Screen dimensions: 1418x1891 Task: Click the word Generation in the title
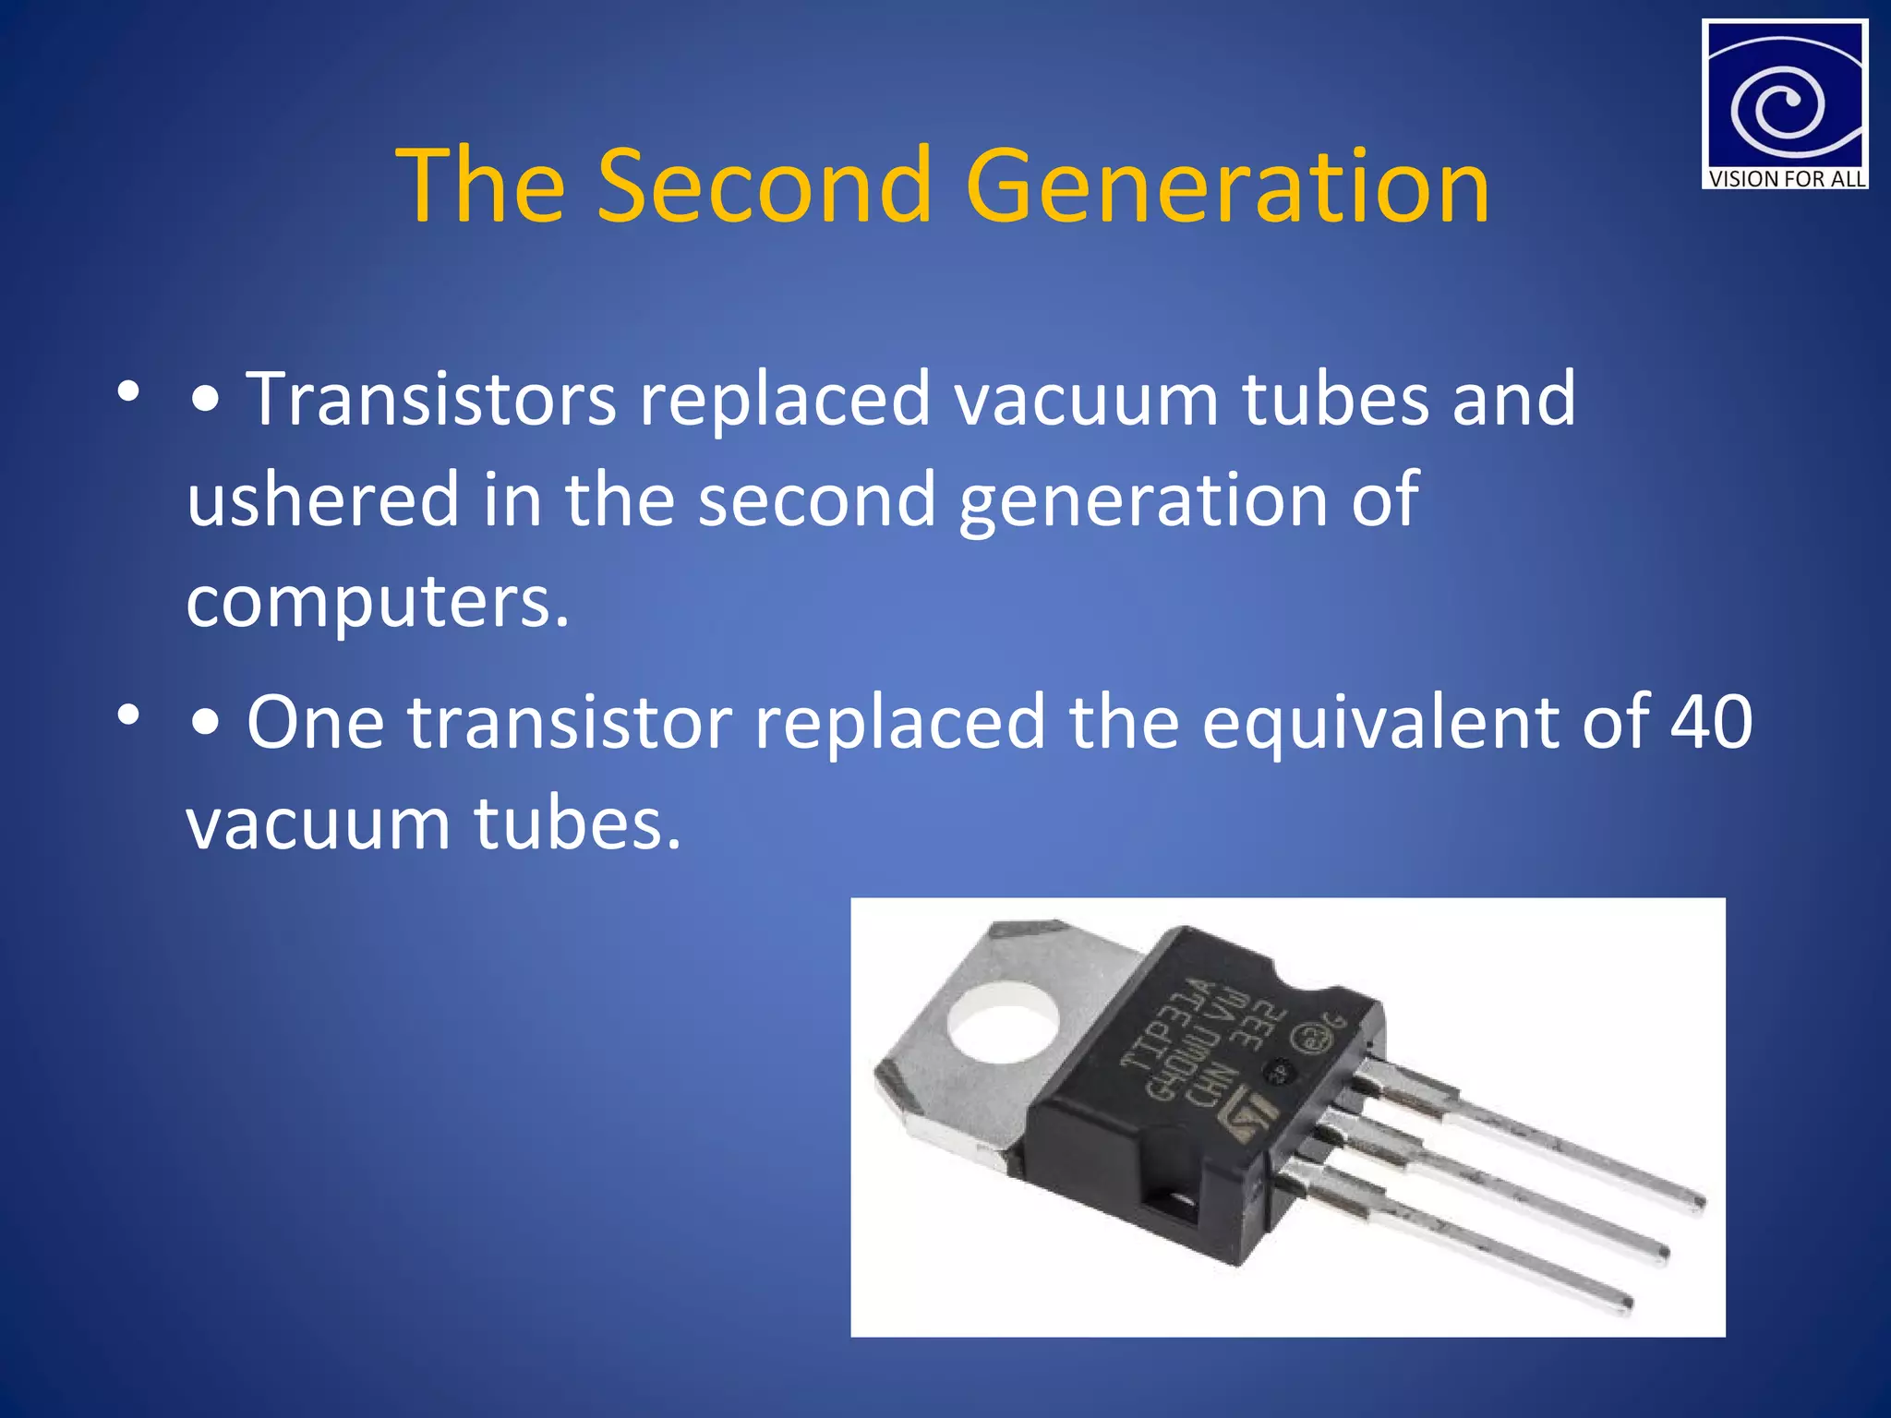click(1227, 186)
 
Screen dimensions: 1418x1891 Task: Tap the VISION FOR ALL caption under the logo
click(1786, 179)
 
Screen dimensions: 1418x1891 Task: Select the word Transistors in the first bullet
click(431, 399)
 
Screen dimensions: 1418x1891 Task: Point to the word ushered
click(323, 499)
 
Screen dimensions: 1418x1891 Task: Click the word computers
click(378, 602)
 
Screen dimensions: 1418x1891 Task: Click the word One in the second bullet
click(315, 722)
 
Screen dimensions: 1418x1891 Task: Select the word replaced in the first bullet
click(785, 399)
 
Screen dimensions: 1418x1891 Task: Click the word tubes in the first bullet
click(1335, 399)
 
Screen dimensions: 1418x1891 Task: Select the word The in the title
click(480, 186)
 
